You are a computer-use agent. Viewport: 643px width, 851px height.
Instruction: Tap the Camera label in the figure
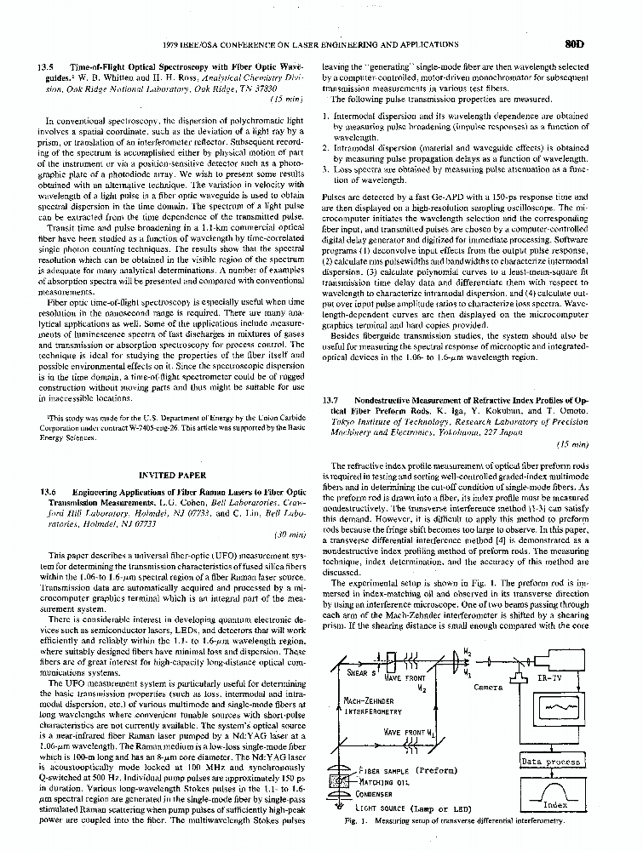point(489,688)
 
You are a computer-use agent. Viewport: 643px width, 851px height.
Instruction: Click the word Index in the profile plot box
point(555,804)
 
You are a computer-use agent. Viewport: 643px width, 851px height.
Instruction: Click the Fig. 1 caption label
point(352,821)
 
